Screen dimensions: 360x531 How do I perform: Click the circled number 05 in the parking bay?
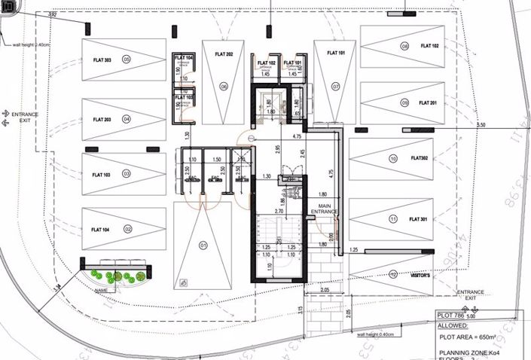point(127,59)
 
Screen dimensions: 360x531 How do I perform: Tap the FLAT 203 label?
point(102,120)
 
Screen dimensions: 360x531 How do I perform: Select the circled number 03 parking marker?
point(127,174)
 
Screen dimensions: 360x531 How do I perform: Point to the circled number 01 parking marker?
point(202,245)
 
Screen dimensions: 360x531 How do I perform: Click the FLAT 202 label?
point(224,54)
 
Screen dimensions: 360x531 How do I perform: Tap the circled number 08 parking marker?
point(404,46)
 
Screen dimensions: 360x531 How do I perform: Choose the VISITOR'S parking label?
point(420,276)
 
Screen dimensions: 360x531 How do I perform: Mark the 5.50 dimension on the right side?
point(481,124)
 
